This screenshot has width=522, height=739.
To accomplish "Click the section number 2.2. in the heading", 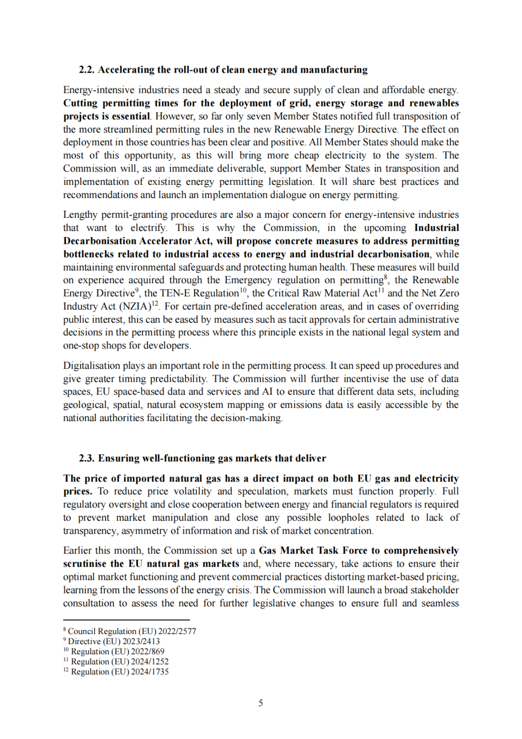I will coord(87,70).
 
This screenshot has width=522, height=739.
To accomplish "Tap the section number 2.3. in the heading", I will coord(87,458).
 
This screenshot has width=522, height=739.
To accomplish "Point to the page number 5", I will coord(261,703).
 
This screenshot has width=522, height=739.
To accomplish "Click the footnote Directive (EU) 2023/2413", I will coord(114,641).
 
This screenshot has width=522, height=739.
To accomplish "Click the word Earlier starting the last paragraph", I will coord(79,551).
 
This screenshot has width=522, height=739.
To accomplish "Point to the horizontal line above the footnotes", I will coord(126,620).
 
